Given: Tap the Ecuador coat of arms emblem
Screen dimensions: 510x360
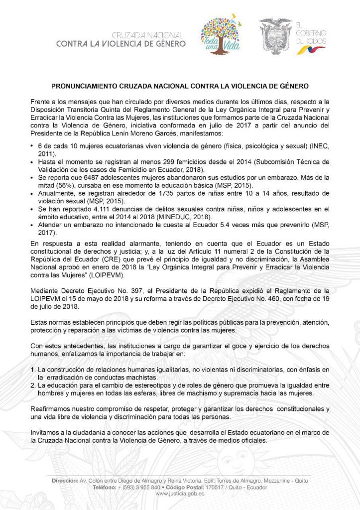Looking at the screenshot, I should [x=275, y=36].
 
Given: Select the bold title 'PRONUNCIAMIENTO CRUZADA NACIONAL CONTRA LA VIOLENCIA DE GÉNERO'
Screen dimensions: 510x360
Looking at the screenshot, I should [x=180, y=86].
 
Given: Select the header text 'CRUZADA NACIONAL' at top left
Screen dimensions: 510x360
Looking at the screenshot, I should [x=148, y=35].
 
